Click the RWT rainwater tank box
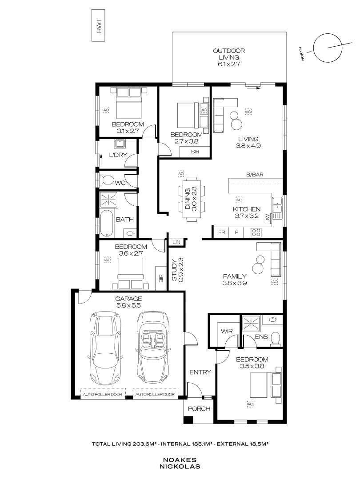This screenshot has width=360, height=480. click(x=98, y=25)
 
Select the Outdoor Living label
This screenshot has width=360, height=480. click(x=229, y=57)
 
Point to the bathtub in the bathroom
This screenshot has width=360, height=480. click(x=107, y=223)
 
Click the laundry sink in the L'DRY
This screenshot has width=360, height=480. click(x=119, y=144)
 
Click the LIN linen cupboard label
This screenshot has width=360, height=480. click(x=176, y=242)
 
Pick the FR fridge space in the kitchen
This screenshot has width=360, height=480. click(x=222, y=232)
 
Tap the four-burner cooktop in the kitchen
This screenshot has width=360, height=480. click(x=256, y=232)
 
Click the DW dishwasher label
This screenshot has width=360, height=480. click(x=268, y=218)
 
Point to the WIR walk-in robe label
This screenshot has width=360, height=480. click(x=227, y=331)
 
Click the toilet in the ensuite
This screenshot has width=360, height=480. click(x=276, y=339)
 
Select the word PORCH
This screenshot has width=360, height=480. click(x=199, y=409)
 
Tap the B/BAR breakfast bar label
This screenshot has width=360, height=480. click(x=255, y=175)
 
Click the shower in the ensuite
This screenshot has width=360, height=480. click(x=251, y=324)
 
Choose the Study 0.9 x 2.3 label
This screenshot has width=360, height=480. click(x=177, y=269)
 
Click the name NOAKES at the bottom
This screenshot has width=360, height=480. click(x=180, y=460)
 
